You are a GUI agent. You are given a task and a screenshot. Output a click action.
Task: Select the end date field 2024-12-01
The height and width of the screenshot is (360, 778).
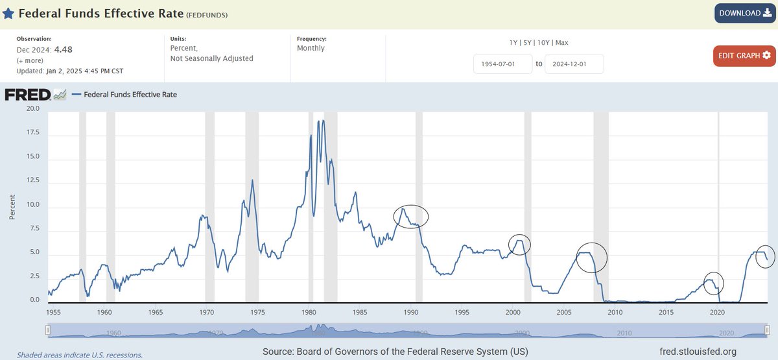coord(574,64)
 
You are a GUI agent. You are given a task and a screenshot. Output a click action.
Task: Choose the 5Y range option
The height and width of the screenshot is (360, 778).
coord(525,43)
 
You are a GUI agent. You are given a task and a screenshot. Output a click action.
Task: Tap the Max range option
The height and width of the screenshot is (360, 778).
coord(561,43)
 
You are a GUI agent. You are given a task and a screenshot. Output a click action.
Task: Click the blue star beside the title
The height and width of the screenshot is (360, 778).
coord(8,13)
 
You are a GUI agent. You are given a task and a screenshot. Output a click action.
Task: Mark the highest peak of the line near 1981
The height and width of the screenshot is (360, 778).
coord(318,121)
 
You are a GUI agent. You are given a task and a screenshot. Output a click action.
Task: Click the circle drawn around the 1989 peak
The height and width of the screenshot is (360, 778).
coord(411,216)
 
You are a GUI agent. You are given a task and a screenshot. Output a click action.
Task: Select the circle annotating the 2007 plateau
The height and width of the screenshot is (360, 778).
coord(591,257)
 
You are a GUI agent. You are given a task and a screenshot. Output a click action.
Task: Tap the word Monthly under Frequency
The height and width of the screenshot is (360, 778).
coord(311,48)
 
